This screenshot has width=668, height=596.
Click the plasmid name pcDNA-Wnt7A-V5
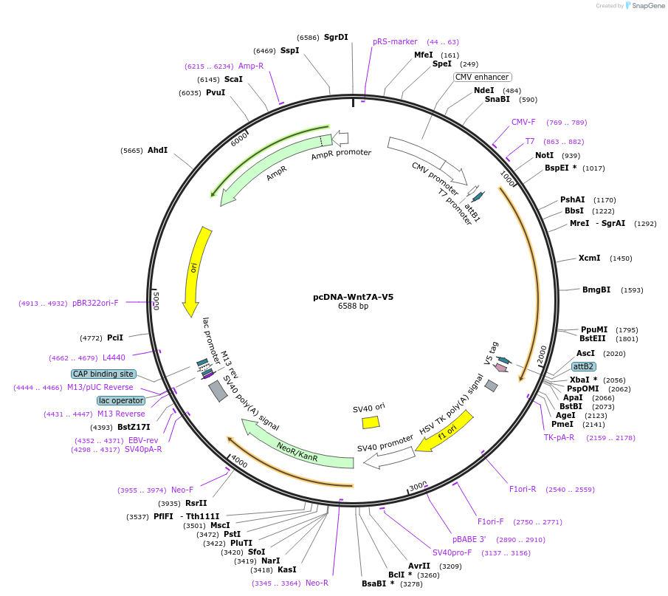click(353, 297)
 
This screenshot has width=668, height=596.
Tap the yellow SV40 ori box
click(371, 422)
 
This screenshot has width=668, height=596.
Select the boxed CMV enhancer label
click(482, 77)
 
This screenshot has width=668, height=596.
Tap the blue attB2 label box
click(584, 366)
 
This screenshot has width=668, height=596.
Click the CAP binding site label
click(103, 374)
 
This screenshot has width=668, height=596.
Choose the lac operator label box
click(120, 400)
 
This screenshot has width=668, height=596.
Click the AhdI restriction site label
click(158, 151)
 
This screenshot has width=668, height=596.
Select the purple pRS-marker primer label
click(395, 41)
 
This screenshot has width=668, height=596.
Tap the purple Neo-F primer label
click(182, 490)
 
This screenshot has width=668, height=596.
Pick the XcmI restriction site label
click(589, 258)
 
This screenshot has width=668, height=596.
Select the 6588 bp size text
click(353, 306)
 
